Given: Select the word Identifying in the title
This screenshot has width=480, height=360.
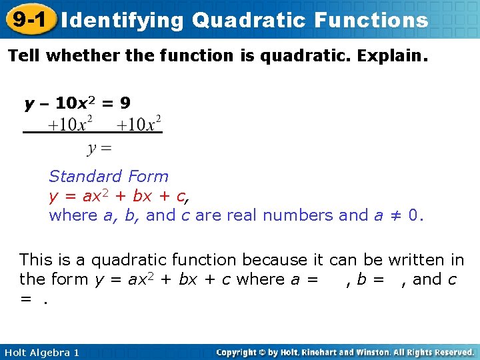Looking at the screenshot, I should pyautogui.click(x=122, y=20).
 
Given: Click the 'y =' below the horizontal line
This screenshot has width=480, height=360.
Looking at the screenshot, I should pyautogui.click(x=100, y=147).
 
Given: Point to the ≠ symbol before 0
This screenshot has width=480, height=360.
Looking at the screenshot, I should pyautogui.click(x=395, y=215).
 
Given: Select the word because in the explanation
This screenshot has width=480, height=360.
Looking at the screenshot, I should pyautogui.click(x=273, y=259).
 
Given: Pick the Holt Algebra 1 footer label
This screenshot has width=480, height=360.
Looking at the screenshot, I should pyautogui.click(x=41, y=352).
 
